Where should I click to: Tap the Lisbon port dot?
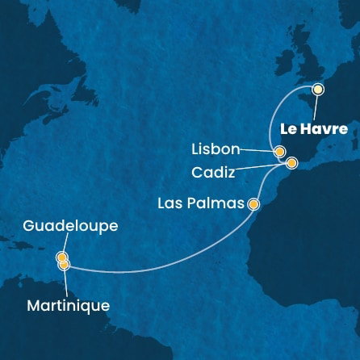(279, 151)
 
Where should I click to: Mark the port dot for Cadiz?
(291, 163)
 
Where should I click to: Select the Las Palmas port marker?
(254, 204)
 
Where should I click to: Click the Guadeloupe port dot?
(61, 257)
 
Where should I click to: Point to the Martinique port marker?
(65, 264)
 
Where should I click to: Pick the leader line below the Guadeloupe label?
(61, 245)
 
